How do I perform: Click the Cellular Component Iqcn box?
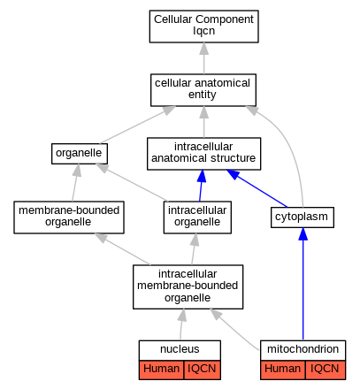click(x=203, y=27)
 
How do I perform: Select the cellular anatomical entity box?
click(x=203, y=90)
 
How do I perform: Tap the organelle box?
click(x=80, y=154)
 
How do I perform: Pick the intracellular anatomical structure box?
click(x=203, y=154)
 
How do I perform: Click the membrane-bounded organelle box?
click(x=69, y=217)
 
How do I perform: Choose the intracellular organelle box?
click(x=197, y=217)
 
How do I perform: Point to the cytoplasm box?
click(x=303, y=217)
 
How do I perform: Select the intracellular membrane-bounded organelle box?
click(x=188, y=286)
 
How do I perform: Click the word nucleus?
click(x=180, y=349)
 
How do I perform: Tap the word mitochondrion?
click(x=303, y=349)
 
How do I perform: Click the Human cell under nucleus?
click(x=161, y=370)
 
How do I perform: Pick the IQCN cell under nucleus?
click(x=203, y=370)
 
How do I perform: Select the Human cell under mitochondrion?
click(x=283, y=370)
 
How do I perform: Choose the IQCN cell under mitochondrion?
click(x=326, y=370)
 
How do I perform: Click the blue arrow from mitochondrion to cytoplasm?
click(x=303, y=284)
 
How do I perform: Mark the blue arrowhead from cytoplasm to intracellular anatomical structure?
click(x=234, y=174)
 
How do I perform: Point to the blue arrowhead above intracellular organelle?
click(x=202, y=176)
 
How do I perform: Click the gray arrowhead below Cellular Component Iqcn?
click(x=203, y=49)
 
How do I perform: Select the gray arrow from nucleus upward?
click(x=181, y=324)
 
